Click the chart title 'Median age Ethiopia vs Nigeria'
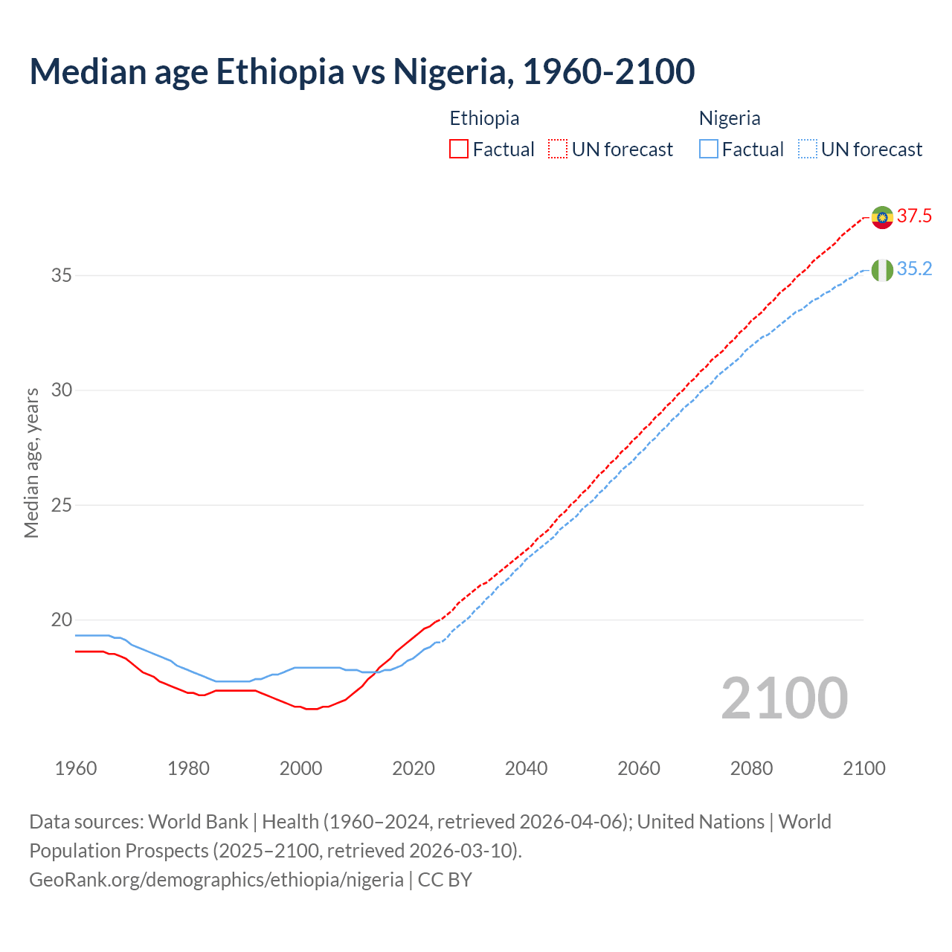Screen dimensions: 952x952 (362, 71)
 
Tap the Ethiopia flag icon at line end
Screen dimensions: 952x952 (882, 217)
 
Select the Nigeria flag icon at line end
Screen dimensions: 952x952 (882, 270)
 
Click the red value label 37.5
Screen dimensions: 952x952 (914, 216)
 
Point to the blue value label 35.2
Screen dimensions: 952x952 (914, 269)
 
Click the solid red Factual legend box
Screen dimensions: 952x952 (459, 149)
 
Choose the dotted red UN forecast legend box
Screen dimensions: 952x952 (558, 149)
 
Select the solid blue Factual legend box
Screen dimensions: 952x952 (709, 149)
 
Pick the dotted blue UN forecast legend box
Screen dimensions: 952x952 (808, 149)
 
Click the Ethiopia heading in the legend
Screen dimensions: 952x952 (484, 118)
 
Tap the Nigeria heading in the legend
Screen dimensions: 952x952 (730, 118)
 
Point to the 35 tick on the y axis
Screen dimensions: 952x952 (61, 276)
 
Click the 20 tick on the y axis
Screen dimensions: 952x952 (61, 620)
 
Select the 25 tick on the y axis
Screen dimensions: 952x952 (61, 506)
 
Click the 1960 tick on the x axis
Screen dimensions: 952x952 (76, 768)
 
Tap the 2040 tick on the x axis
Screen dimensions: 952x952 (526, 768)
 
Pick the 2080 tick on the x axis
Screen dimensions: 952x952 (751, 768)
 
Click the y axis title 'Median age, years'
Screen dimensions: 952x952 (31, 463)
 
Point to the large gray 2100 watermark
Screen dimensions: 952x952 (784, 698)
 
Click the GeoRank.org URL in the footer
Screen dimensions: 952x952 (216, 880)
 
